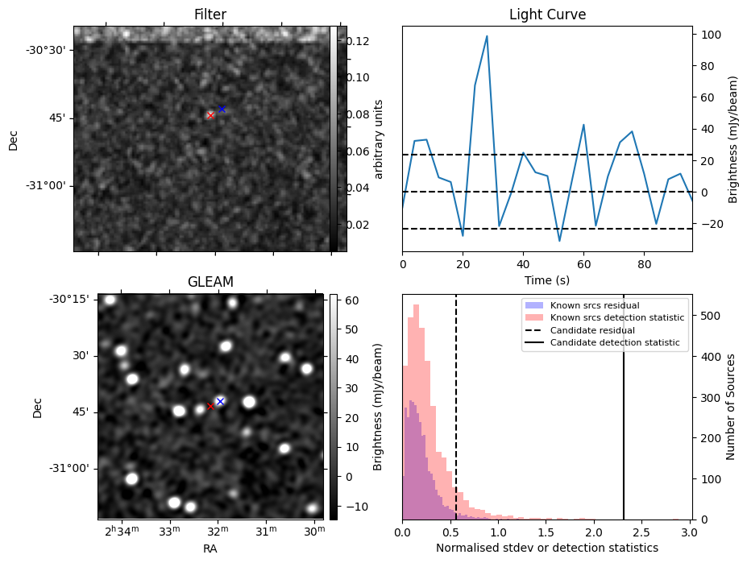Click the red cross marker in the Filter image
coord(210,115)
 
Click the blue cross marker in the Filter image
coord(222,109)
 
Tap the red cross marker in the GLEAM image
coord(210,406)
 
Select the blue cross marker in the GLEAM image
coord(220,402)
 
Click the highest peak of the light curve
coord(487,35)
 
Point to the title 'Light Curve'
coord(547,14)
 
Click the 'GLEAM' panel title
coord(210,282)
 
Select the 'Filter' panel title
coord(210,14)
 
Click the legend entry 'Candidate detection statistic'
coord(615,342)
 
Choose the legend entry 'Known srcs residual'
coord(595,305)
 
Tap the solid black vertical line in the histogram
coord(624,407)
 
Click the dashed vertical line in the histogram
coord(456,407)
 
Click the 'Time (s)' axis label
coord(547,280)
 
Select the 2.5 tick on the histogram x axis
coord(642,532)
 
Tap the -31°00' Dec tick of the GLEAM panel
coord(69,468)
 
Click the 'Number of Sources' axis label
coord(730,407)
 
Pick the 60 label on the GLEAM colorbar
coord(352,300)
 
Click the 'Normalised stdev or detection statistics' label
coord(547,548)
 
